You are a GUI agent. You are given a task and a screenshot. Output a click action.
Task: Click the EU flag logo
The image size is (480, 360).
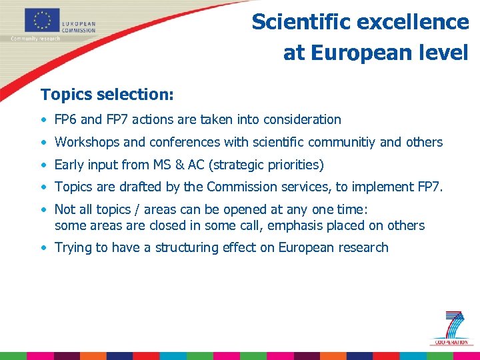[41, 20]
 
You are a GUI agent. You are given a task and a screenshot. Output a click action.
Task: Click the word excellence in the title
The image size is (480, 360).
[413, 22]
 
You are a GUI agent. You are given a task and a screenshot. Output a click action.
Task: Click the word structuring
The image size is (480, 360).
[187, 248]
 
